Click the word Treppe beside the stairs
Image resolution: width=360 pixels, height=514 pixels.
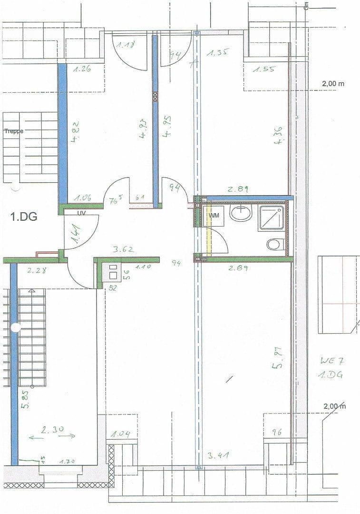(14, 130)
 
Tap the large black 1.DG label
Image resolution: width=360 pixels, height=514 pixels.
(24, 217)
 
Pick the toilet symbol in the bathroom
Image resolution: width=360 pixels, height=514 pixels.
(274, 245)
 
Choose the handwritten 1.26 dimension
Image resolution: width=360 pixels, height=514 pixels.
(82, 69)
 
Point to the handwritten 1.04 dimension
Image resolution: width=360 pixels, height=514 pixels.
(121, 434)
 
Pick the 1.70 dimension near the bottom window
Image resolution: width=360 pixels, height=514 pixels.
(68, 461)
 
